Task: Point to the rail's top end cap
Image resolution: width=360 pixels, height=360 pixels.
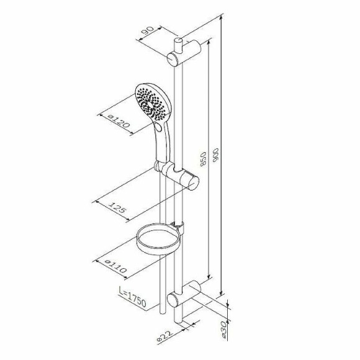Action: pyautogui.click(x=179, y=40)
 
